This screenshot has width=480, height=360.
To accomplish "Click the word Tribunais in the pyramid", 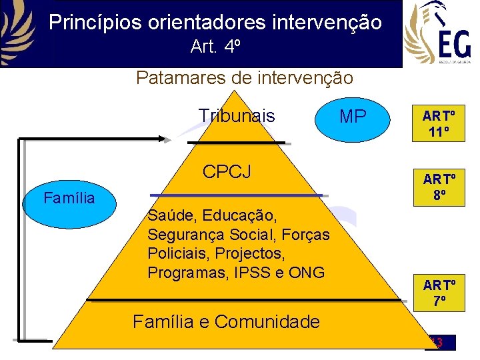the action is [237, 116].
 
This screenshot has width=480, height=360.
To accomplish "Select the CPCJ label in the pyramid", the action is [227, 171].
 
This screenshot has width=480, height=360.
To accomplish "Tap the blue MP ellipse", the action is [353, 117].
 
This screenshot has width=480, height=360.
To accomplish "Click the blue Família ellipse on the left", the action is [69, 198].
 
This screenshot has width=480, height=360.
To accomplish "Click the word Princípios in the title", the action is [93, 23].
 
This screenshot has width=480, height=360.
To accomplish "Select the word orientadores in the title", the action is [203, 23].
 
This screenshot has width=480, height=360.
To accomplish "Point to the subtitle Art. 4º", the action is [215, 47].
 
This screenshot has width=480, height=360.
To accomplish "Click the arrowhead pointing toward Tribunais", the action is [167, 138].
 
